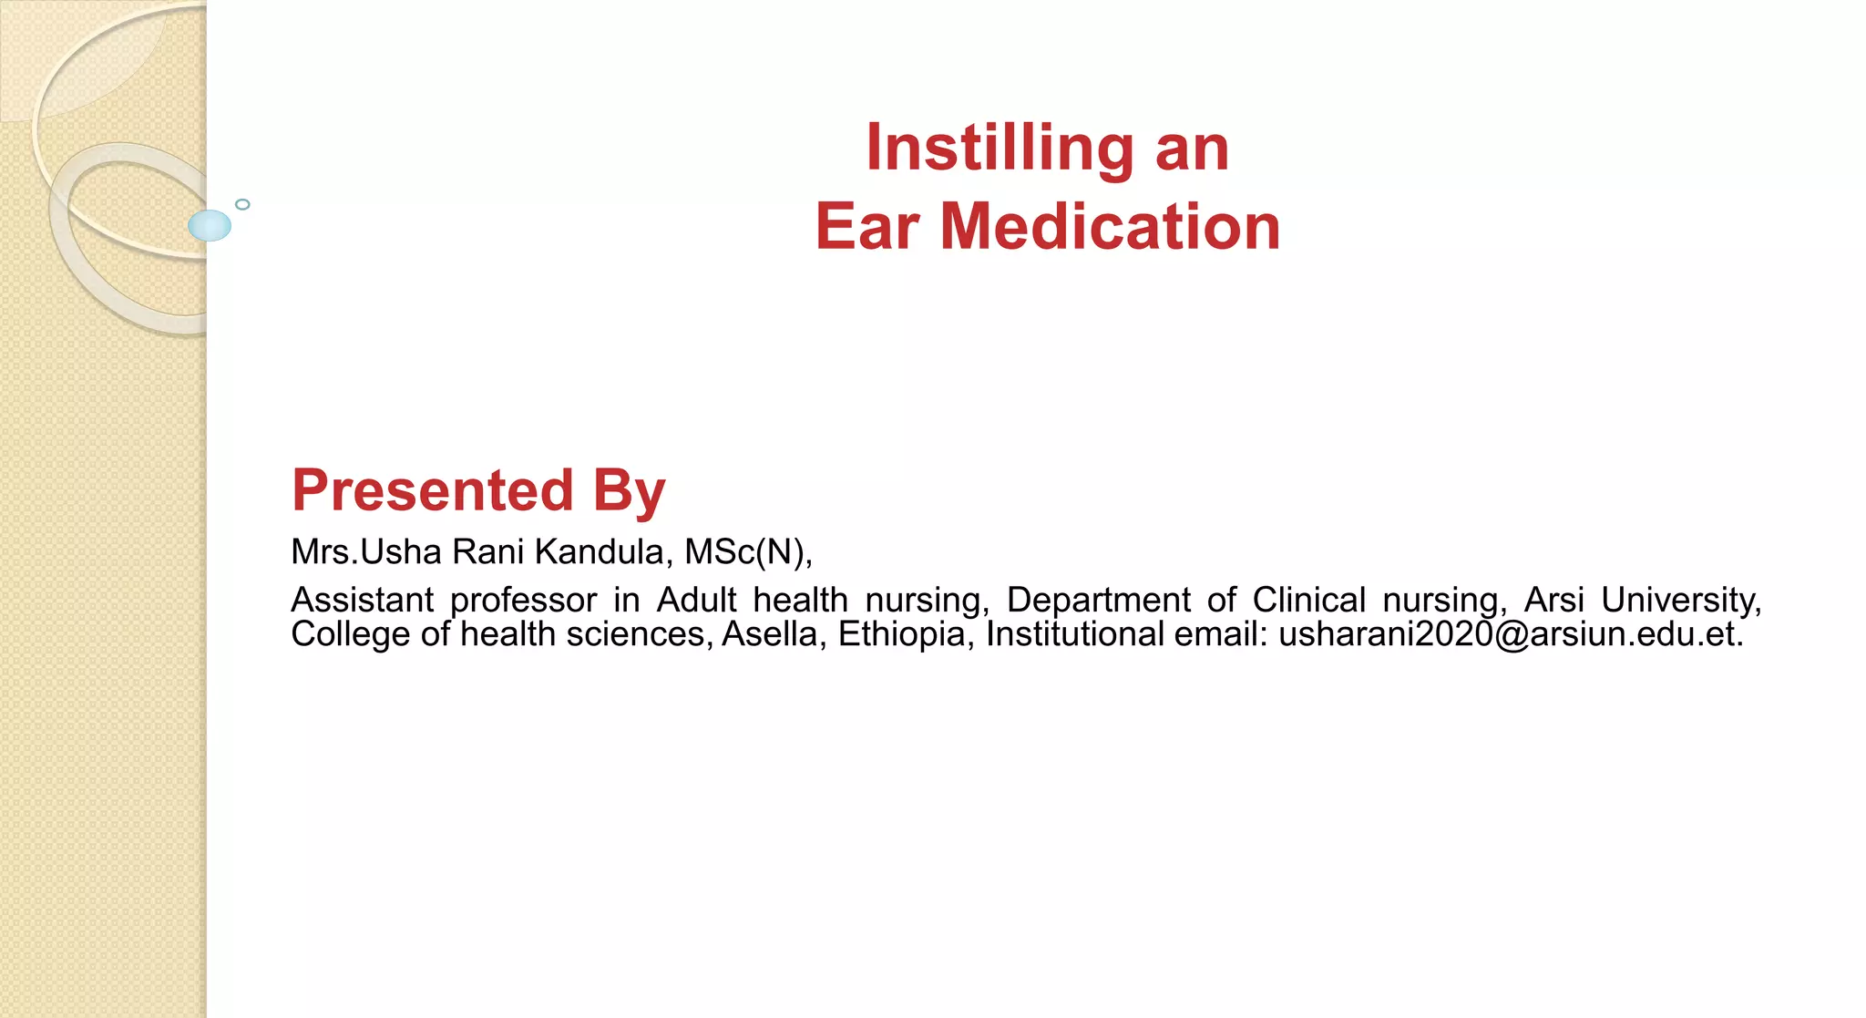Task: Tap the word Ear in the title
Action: coord(867,227)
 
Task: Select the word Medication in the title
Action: coord(1110,227)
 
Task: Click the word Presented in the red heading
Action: coord(433,490)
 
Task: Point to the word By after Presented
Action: coord(630,490)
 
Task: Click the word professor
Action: coord(523,601)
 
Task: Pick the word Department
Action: coord(1098,601)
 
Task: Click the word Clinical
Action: coord(1308,601)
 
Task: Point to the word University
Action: coord(1680,601)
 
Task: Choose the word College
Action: coord(350,634)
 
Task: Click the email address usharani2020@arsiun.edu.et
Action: coord(1511,634)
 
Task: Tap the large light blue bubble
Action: coord(210,225)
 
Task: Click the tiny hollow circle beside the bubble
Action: coord(242,204)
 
